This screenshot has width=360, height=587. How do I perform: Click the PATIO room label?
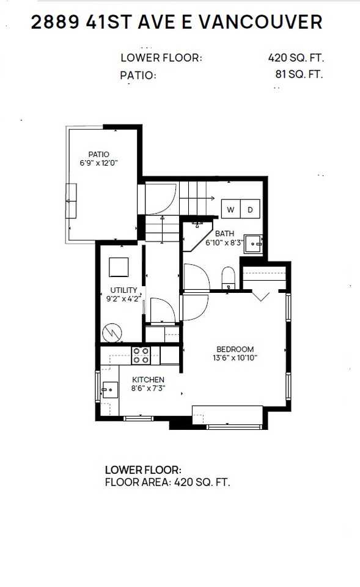click(x=98, y=154)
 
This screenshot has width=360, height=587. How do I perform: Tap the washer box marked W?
click(x=231, y=209)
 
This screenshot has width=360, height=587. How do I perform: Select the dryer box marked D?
click(x=251, y=209)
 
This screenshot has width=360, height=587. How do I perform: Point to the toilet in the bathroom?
click(x=228, y=276)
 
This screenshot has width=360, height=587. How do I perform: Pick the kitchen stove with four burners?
click(x=142, y=355)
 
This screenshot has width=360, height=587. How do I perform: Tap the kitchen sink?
click(x=110, y=389)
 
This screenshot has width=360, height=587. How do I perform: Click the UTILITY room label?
click(x=123, y=290)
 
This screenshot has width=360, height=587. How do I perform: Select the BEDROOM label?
click(x=235, y=349)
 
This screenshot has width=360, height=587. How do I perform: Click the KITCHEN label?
click(x=147, y=380)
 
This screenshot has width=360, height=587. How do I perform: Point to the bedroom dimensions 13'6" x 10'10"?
click(x=235, y=358)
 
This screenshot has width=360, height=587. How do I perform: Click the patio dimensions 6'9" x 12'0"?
click(x=98, y=163)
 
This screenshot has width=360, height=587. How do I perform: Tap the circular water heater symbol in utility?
click(x=112, y=332)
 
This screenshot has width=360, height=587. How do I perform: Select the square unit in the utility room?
click(x=119, y=267)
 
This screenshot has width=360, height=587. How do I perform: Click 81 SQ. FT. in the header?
click(x=299, y=75)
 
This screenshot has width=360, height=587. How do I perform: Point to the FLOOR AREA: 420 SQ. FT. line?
click(x=167, y=482)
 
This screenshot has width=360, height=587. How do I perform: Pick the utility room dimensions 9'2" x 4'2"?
click(x=123, y=299)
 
